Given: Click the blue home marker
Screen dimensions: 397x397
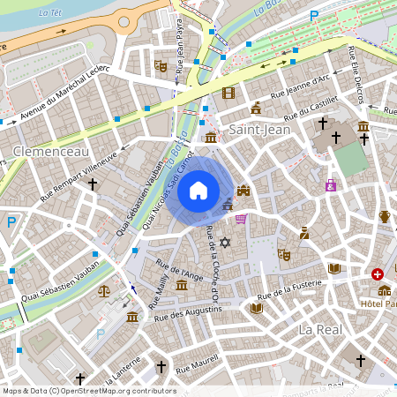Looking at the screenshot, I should tap(198, 191).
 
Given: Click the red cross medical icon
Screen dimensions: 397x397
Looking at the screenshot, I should tap(378, 274).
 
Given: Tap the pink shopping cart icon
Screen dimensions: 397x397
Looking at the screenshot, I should tap(241, 219).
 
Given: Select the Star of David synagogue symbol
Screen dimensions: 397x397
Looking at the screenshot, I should tap(224, 243).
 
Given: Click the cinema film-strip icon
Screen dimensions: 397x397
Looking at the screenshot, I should tap(229, 93).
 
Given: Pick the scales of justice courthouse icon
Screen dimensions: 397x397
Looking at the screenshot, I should tap(105, 288).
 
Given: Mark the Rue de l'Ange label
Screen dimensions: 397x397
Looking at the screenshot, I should tap(178, 268).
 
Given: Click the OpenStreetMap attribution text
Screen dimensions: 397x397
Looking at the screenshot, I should tap(89, 391).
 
